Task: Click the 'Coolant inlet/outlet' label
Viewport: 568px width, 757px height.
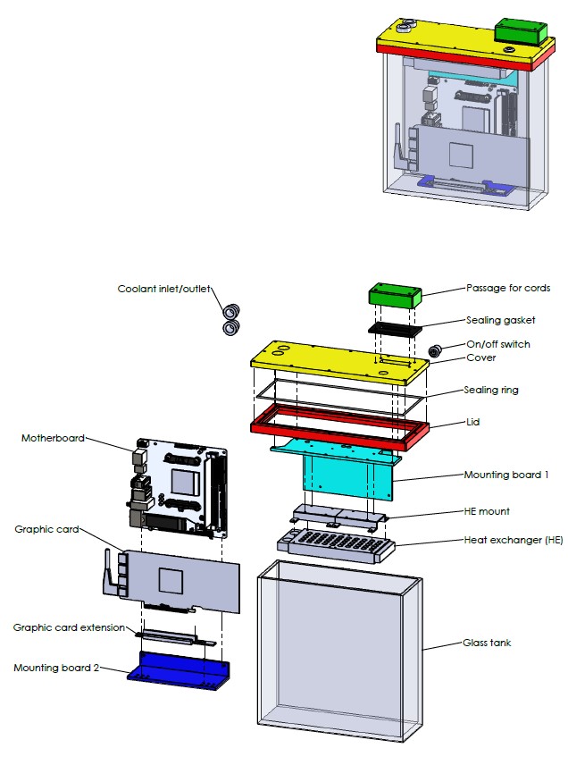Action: [x=167, y=289]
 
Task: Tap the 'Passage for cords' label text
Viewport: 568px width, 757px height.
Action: [x=507, y=288]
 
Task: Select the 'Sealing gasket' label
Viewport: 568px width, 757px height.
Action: [x=500, y=319]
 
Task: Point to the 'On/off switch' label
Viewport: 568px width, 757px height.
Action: [x=497, y=344]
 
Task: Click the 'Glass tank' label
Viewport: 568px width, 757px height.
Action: [x=487, y=643]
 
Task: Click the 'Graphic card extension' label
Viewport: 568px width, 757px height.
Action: [x=69, y=627]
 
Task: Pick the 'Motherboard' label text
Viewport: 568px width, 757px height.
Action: [x=53, y=438]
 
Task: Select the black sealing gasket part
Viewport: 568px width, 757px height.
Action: [x=395, y=329]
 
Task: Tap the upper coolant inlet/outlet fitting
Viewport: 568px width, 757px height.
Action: [x=231, y=312]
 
